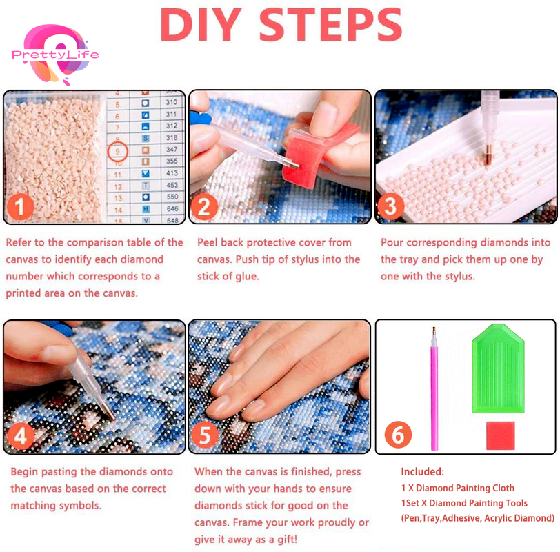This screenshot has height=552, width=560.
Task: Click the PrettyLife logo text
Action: [x=55, y=55]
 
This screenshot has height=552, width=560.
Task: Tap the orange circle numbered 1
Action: [x=21, y=207]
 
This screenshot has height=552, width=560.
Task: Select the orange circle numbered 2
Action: [x=205, y=207]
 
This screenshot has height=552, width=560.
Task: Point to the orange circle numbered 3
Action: [x=390, y=207]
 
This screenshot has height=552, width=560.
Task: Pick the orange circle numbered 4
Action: [x=21, y=436]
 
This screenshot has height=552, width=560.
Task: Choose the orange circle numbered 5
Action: [x=205, y=435]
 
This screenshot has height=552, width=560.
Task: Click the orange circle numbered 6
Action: [x=398, y=435]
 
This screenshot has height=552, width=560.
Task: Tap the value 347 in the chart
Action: [x=171, y=150]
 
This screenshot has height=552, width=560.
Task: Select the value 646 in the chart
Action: [x=171, y=209]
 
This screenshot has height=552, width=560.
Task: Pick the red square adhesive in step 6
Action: [x=500, y=435]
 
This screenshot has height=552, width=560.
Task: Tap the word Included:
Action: [x=423, y=472]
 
